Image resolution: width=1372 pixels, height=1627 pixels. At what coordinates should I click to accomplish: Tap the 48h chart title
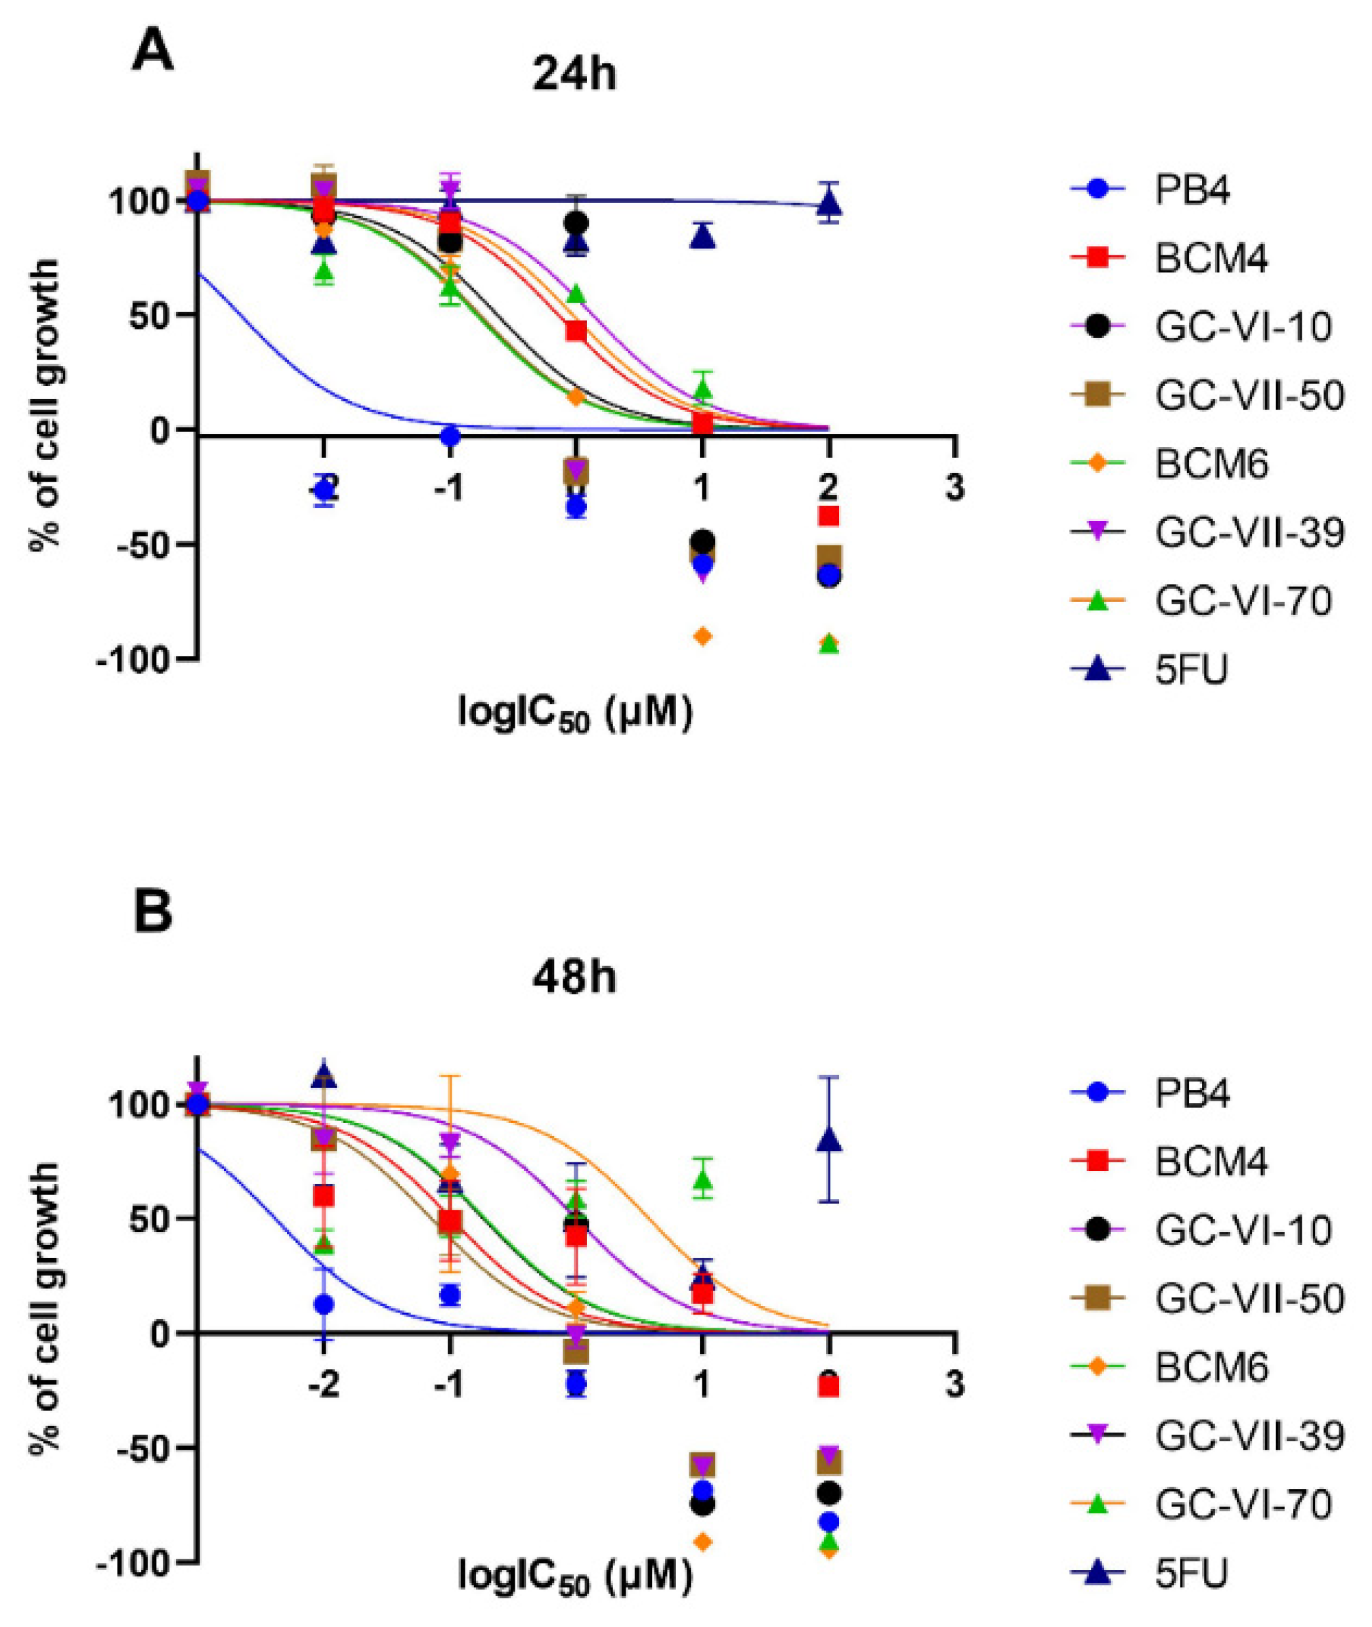(x=574, y=977)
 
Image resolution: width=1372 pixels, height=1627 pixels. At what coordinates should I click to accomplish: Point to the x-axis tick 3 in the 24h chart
(x=954, y=488)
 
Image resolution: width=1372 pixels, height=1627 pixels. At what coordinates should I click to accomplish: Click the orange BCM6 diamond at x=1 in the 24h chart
(x=702, y=636)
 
